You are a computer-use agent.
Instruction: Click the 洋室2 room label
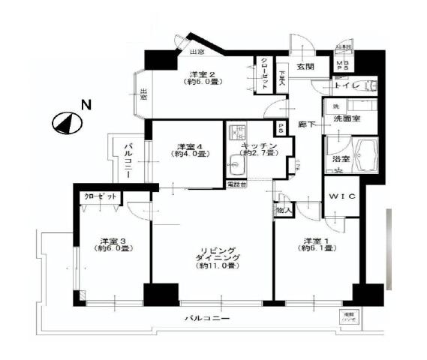[202, 74]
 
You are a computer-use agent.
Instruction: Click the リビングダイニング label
[213, 252]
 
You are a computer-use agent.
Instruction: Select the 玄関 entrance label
[305, 67]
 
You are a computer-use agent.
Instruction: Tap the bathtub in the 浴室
[365, 156]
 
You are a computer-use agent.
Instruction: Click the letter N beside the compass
[86, 106]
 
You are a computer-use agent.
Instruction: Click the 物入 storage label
[284, 211]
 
